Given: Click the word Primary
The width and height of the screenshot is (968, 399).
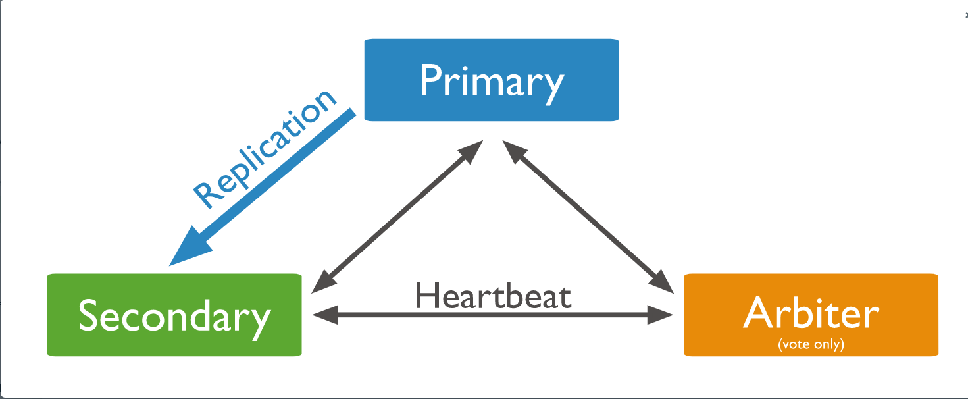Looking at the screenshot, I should pyautogui.click(x=491, y=82).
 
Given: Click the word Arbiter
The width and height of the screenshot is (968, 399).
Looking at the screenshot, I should pyautogui.click(x=811, y=314).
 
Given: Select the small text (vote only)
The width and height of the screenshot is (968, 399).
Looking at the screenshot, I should pyautogui.click(x=811, y=344).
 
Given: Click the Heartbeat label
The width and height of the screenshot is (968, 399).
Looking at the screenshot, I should pyautogui.click(x=493, y=296).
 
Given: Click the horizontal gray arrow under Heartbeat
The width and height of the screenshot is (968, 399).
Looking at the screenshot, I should pyautogui.click(x=493, y=315).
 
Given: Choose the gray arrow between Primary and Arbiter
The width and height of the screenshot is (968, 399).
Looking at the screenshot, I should pyautogui.click(x=587, y=215).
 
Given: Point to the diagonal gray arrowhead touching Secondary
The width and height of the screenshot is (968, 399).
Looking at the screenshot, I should pyautogui.click(x=321, y=283).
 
